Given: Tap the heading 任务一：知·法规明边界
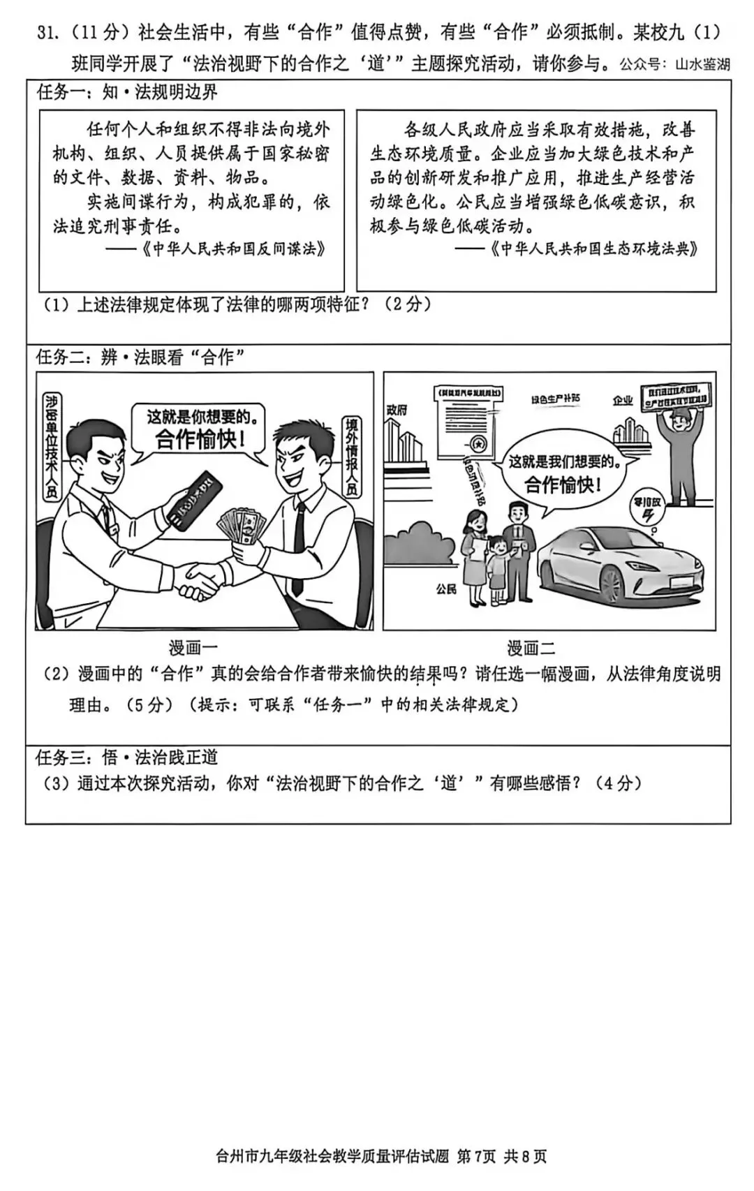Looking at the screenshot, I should point(127,92).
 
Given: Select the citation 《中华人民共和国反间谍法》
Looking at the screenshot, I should point(234,249).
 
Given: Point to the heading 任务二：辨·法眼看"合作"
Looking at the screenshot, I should point(140,357).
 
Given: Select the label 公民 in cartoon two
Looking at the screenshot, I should point(446,589).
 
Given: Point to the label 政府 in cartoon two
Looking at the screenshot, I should point(397,409).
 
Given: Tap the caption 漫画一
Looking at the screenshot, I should point(193,648).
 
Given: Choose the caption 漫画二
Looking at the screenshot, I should point(531,648).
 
